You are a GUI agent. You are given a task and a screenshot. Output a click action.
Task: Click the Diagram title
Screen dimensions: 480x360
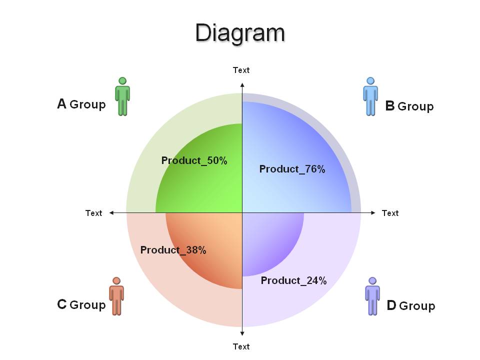(240, 33)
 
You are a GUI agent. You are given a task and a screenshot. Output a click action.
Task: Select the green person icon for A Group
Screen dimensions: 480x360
(122, 96)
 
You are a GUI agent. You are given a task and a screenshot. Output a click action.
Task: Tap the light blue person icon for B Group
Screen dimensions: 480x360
(370, 96)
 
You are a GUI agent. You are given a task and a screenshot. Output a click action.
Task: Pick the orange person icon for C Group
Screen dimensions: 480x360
(116, 296)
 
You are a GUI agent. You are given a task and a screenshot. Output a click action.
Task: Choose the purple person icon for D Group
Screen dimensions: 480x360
(372, 296)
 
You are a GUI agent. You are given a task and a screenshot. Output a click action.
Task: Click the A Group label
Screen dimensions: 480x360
(81, 104)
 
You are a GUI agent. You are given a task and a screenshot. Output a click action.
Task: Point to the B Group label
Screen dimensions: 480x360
(409, 106)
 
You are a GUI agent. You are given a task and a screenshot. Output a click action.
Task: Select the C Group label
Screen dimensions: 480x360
(81, 304)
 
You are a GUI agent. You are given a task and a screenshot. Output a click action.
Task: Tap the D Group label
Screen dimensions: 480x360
(411, 305)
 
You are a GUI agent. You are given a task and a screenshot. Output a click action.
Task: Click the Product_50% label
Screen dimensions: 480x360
(194, 160)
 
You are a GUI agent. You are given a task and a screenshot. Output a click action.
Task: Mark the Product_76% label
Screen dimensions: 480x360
(292, 169)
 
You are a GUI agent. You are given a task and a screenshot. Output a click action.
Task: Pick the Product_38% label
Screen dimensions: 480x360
(173, 250)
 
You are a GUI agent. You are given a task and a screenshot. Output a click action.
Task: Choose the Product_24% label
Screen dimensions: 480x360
(294, 280)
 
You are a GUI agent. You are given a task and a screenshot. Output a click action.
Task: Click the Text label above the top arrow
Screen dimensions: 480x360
(241, 70)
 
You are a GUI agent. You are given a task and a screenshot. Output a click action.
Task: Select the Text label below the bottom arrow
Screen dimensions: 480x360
(241, 346)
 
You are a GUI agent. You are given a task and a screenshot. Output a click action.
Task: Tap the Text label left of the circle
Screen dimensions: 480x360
(93, 213)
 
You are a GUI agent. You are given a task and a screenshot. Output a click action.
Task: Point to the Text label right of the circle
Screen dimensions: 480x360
(390, 213)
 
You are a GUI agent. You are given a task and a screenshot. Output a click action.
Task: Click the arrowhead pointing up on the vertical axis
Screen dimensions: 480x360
(242, 85)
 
